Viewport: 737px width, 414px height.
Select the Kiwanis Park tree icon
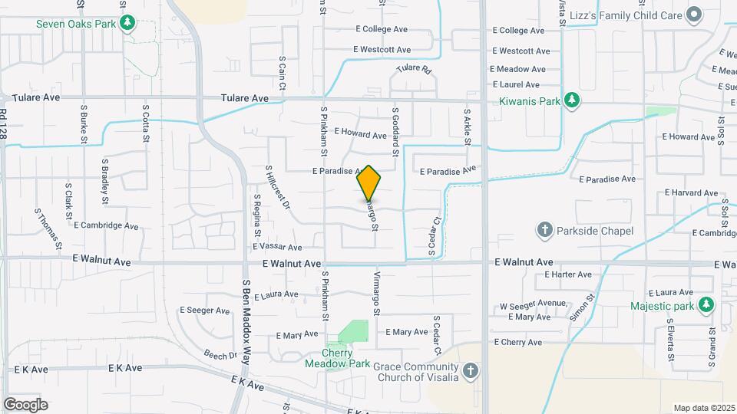pyautogui.click(x=570, y=100)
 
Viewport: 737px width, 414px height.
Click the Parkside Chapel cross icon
pyautogui.click(x=544, y=231)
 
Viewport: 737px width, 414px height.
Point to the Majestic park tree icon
pyautogui.click(x=706, y=307)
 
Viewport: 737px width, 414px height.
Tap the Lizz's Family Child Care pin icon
pyautogui.click(x=694, y=14)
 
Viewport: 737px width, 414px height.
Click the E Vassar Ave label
pyautogui.click(x=277, y=247)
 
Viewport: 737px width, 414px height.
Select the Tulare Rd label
pyautogui.click(x=415, y=68)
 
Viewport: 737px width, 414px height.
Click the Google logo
pyautogui.click(x=25, y=404)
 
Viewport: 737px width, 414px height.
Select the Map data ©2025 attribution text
pyautogui.click(x=703, y=408)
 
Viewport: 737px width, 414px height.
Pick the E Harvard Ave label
pyautogui.click(x=693, y=192)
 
